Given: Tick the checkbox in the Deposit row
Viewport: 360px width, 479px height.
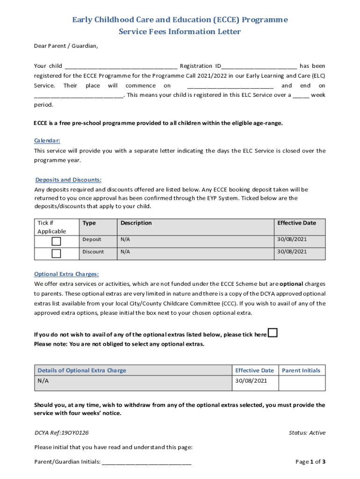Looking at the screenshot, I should tap(56, 241).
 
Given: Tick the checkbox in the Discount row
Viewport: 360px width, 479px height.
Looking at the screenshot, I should tap(56, 254).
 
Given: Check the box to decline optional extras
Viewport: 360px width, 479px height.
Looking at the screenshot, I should tap(273, 333).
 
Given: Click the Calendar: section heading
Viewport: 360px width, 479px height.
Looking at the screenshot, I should tap(47, 141).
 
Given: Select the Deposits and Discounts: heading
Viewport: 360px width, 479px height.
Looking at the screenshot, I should tap(68, 180).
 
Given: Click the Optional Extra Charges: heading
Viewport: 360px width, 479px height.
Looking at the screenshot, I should tap(66, 274).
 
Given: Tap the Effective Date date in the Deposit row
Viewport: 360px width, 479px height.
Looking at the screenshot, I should tap(292, 239).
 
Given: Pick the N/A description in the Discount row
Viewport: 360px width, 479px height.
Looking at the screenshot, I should tap(125, 252).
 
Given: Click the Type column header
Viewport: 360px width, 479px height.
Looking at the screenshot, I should tap(89, 223).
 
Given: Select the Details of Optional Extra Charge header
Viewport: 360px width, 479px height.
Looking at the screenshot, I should tap(82, 370).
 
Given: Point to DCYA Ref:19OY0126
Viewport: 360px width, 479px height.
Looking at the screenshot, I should tap(62, 433).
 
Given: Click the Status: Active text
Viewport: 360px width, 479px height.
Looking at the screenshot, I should tap(307, 433).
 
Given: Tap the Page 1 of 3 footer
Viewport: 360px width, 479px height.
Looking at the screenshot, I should tap(310, 462).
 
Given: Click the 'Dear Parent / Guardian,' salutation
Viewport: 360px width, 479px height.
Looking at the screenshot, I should tap(66, 46).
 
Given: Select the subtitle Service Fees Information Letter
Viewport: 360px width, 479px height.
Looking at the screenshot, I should tap(180, 32).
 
